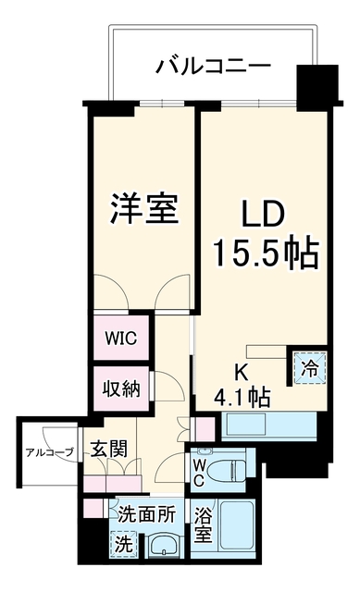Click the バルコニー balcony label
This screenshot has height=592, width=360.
point(214,67)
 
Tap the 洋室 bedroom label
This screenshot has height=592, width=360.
point(144,209)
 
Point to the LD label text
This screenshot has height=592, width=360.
point(263,216)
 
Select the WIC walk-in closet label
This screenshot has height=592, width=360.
point(120,339)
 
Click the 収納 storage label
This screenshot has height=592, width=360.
point(121,388)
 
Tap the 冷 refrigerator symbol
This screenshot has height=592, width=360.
point(309,368)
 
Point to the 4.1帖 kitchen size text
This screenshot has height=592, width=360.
point(242,397)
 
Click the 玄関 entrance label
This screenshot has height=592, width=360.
point(109,449)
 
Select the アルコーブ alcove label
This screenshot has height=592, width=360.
point(49,452)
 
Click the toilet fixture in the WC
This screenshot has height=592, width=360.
point(226,471)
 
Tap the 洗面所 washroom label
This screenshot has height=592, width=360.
point(146,514)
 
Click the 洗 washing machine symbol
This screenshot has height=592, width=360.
point(123,543)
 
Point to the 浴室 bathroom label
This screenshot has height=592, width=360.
point(203,524)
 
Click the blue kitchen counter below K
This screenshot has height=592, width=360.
point(268,425)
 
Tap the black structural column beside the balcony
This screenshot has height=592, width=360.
point(317,88)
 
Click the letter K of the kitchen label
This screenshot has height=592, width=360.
point(242,373)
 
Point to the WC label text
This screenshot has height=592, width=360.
point(199,472)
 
